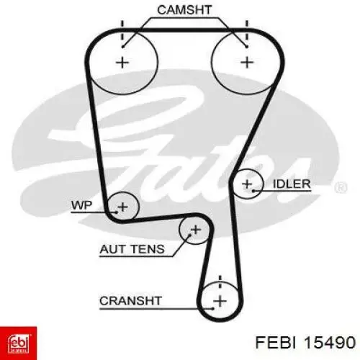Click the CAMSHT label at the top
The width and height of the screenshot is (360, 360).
(x=184, y=10)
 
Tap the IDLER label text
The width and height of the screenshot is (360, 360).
(x=292, y=184)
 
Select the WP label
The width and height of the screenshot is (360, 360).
(x=81, y=205)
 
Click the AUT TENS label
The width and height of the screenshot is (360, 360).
(x=132, y=249)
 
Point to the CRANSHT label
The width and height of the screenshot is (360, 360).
(x=130, y=301)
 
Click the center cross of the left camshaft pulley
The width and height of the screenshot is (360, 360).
(x=122, y=63)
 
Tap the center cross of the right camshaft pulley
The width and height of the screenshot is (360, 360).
(x=247, y=63)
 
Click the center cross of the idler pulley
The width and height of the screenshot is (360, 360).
(x=247, y=184)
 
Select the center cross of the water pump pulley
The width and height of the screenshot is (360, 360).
(x=122, y=207)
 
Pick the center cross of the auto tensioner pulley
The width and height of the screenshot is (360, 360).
(x=196, y=230)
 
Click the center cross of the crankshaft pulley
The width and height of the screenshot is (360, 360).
(x=220, y=301)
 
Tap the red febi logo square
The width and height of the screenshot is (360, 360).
(x=18, y=343)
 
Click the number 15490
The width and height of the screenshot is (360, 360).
(x=330, y=342)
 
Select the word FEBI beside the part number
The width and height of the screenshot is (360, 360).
(x=276, y=342)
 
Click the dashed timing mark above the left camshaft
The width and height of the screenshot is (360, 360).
(x=122, y=32)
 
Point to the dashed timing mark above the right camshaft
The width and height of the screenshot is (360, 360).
(x=247, y=32)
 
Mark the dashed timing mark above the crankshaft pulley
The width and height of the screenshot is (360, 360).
(x=220, y=282)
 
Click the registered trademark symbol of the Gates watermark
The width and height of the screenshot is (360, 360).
(x=341, y=187)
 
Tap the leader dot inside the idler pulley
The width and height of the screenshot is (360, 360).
(x=253, y=191)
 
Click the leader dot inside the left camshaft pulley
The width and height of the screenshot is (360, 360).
(x=122, y=47)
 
